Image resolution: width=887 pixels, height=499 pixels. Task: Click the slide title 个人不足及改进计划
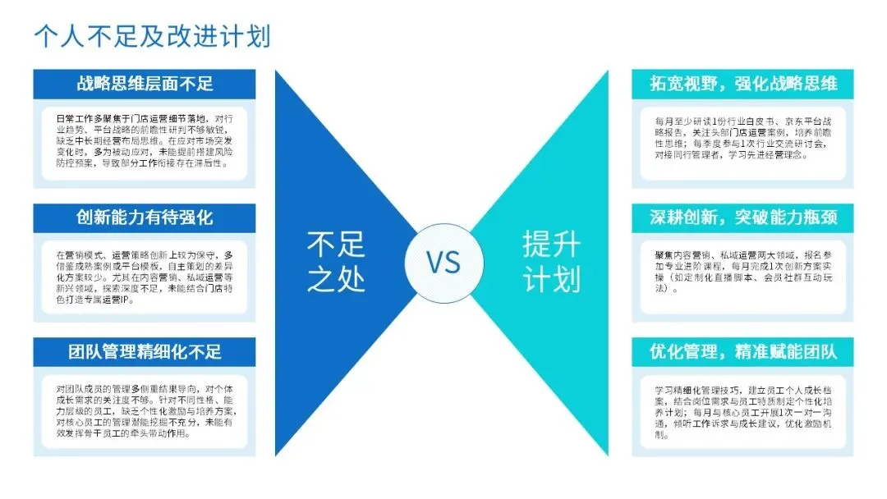click(x=153, y=36)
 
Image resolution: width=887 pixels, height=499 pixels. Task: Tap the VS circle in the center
click(x=443, y=262)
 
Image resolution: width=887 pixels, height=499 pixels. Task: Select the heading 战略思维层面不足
click(x=145, y=84)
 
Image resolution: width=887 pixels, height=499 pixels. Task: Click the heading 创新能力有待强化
click(x=145, y=218)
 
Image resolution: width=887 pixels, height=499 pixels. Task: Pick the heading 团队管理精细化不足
click(x=145, y=352)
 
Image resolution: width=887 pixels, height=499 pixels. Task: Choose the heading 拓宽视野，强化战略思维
click(x=742, y=84)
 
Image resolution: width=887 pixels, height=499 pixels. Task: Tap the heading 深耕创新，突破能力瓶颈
click(x=742, y=218)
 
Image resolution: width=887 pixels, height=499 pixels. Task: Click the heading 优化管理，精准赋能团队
click(x=742, y=352)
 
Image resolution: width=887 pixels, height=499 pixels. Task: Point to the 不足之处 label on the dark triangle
click(x=336, y=262)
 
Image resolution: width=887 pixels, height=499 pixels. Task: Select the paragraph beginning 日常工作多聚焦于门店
click(x=145, y=140)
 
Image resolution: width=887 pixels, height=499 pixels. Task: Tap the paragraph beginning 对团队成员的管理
click(x=145, y=411)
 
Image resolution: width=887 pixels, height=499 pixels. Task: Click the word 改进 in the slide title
click(x=182, y=36)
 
